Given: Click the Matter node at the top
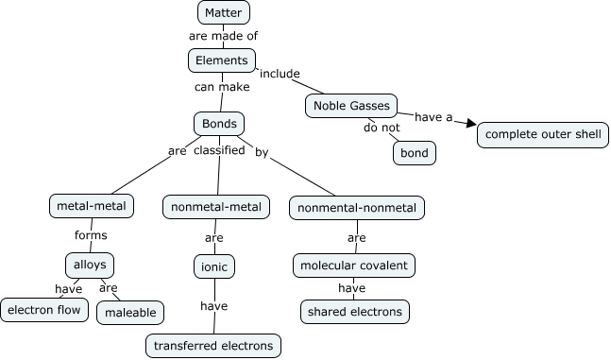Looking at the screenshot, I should [224, 12].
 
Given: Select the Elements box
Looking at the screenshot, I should [222, 60].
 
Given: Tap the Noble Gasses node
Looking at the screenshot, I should [350, 106].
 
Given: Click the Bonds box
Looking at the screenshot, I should [219, 124].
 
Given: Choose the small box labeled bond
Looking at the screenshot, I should [414, 152].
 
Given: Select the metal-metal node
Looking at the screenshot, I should [91, 205].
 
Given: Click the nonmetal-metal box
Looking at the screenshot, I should [216, 206].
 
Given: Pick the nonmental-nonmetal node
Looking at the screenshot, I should [357, 207].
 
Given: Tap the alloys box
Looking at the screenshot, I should [90, 265].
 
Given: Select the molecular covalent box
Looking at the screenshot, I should [354, 266].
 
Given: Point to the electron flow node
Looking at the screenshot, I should [44, 309].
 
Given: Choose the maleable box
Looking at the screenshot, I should [130, 312].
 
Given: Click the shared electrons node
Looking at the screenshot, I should [354, 311].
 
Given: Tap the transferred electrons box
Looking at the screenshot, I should [213, 346].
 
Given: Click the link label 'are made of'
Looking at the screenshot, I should [223, 36].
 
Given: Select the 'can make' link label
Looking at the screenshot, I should [222, 87].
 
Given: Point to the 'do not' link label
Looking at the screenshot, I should [382, 128].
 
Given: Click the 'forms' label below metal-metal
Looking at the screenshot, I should [91, 235].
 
